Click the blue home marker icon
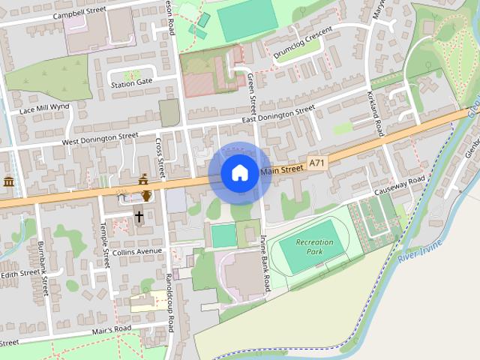[239, 173]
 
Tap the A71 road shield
[317, 163]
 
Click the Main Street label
[282, 170]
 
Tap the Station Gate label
[132, 82]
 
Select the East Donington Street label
[278, 115]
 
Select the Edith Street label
[19, 274]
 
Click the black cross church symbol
[139, 217]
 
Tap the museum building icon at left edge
[9, 182]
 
